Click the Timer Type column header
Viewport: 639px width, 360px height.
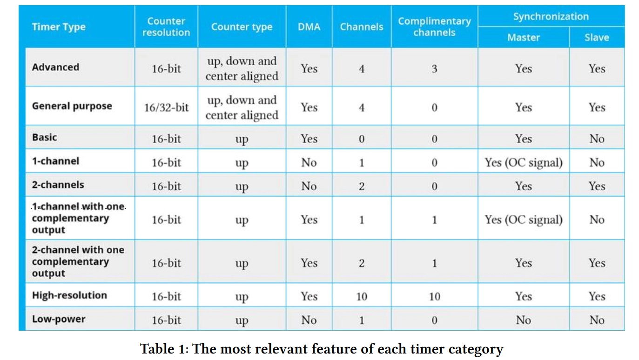[59, 27]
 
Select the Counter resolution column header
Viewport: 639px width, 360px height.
[166, 27]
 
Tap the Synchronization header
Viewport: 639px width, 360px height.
[551, 16]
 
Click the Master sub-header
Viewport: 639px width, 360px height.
[524, 37]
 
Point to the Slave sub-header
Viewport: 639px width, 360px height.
[597, 37]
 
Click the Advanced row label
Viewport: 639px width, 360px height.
[56, 67]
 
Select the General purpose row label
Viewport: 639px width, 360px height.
[72, 106]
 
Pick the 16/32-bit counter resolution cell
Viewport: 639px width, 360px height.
[166, 107]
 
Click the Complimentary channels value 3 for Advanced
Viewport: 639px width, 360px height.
[434, 69]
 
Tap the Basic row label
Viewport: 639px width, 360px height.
[45, 137]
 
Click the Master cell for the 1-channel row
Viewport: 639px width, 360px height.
[524, 162]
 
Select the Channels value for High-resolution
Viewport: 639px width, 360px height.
[362, 296]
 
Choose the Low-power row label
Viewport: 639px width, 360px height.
[59, 319]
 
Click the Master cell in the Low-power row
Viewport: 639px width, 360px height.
[524, 320]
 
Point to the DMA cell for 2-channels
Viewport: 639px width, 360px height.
[309, 186]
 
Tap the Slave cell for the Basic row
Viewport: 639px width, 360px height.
[597, 139]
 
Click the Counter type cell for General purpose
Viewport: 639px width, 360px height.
[242, 107]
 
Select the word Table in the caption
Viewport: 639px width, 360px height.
[157, 349]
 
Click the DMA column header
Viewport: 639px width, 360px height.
[309, 27]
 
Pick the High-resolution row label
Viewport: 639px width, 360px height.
[70, 295]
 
